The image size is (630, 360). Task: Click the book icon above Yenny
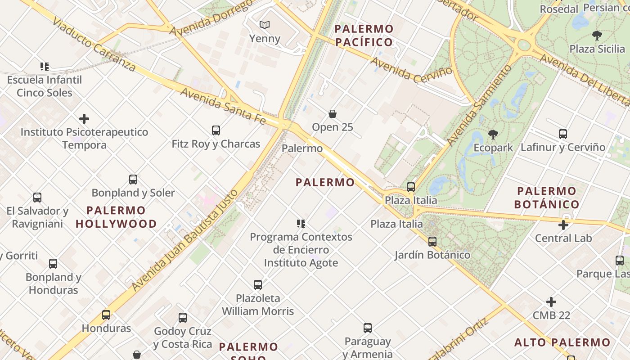(265, 25)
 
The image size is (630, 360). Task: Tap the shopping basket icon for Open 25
(333, 114)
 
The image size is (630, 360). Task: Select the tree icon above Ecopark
(493, 134)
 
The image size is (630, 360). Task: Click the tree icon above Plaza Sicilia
(597, 35)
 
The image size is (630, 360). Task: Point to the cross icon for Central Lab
(563, 225)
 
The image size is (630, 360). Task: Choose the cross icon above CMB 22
(551, 302)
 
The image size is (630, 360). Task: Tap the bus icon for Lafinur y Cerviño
(563, 134)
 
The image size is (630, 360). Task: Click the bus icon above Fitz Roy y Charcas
(216, 130)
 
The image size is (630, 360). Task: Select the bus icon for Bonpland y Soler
(133, 180)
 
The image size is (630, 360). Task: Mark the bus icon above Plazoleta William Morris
(258, 285)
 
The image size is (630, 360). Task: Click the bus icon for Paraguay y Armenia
(368, 328)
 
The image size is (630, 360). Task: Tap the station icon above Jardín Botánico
(432, 242)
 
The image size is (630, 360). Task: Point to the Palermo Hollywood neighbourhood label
(116, 217)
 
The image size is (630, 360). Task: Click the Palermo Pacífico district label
(364, 36)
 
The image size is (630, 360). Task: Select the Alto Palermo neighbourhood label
(562, 342)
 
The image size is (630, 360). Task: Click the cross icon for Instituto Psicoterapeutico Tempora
(84, 119)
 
